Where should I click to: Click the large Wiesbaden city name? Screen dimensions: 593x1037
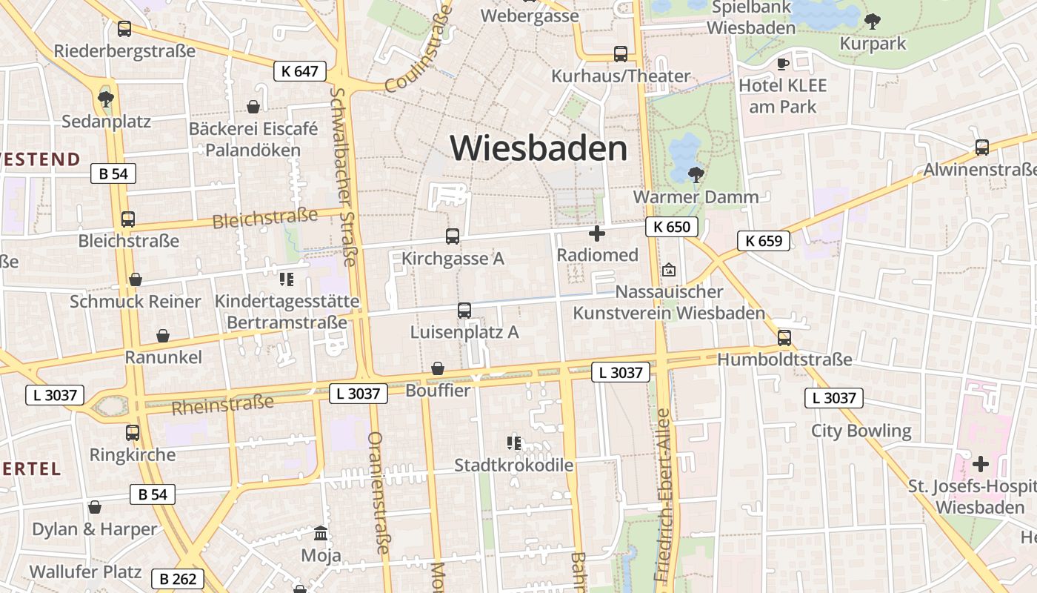click(x=538, y=148)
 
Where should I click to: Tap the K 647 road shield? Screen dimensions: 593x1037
click(x=300, y=71)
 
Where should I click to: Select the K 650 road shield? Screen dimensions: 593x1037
click(x=672, y=227)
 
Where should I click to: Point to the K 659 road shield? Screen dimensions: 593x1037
click(x=764, y=240)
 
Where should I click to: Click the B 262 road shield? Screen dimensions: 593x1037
click(x=178, y=579)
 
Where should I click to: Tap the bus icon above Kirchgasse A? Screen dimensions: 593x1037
click(x=453, y=236)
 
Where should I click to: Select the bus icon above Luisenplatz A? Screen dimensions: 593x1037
click(x=464, y=311)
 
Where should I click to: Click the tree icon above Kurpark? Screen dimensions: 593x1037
click(x=873, y=21)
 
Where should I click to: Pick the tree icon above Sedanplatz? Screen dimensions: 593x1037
click(x=106, y=99)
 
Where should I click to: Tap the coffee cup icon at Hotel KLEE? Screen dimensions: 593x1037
click(x=782, y=64)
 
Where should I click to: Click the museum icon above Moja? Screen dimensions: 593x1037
click(x=321, y=533)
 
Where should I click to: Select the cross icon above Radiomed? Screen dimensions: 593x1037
click(x=597, y=234)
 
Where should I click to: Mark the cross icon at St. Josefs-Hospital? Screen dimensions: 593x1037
click(x=981, y=465)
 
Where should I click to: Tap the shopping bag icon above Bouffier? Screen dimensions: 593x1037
click(x=438, y=368)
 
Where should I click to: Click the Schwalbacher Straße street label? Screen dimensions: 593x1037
click(x=344, y=176)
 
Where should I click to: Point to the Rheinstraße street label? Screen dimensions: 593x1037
click(x=222, y=405)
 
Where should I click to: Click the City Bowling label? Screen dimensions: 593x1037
click(x=861, y=431)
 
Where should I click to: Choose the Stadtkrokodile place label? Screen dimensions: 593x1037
click(x=513, y=466)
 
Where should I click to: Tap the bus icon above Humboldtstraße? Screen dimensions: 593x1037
click(x=784, y=338)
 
